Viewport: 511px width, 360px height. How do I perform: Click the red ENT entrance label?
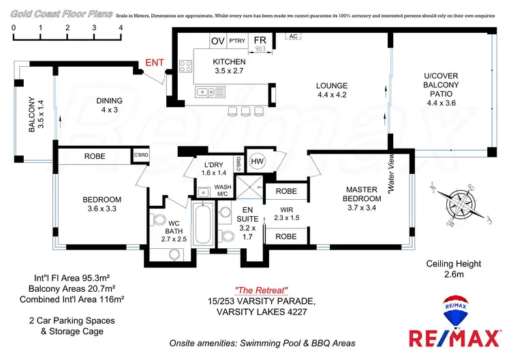click(x=155, y=64)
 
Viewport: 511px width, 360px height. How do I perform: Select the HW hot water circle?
click(x=257, y=161)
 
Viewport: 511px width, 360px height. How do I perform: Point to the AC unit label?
click(x=294, y=37)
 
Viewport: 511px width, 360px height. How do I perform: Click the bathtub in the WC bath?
click(x=203, y=226)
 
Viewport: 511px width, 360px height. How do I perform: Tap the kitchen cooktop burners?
click(x=185, y=67)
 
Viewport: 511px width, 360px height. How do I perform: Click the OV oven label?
click(x=218, y=41)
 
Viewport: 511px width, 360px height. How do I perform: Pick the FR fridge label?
click(x=260, y=41)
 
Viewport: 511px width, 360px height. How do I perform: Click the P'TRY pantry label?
click(x=237, y=42)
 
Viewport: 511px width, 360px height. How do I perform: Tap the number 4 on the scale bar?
click(x=121, y=27)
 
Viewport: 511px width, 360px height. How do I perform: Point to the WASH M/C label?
click(x=223, y=190)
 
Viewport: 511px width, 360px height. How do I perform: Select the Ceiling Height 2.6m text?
click(x=453, y=269)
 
